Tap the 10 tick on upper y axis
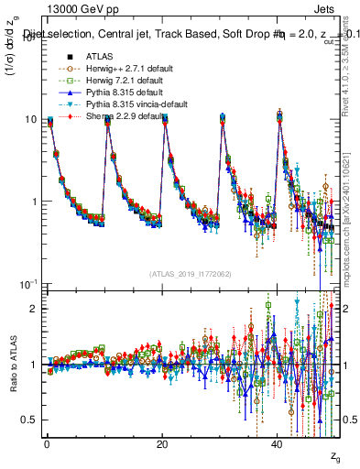point(30,120)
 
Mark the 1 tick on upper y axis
point(34,202)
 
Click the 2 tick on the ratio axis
point(34,309)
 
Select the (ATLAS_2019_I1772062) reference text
point(191,273)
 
